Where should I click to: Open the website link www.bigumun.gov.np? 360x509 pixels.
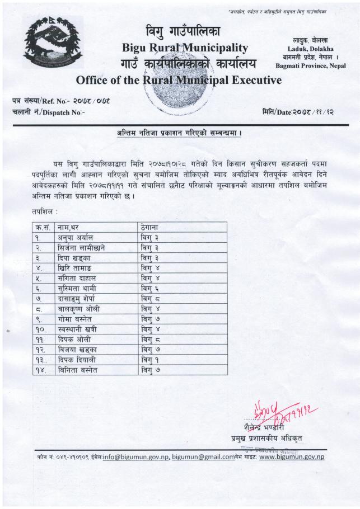pyautogui.click(x=292, y=456)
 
